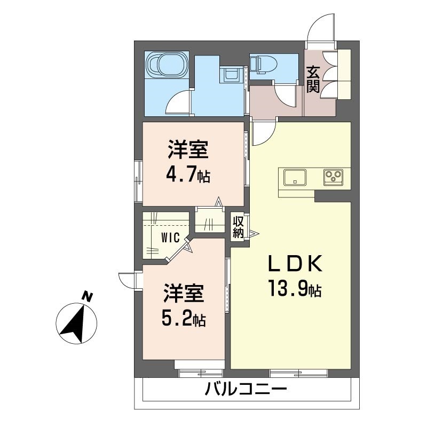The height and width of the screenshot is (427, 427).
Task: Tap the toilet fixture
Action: pyautogui.click(x=263, y=65)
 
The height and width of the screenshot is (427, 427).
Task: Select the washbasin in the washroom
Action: pyautogui.click(x=231, y=74)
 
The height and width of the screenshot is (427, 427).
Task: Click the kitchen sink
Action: pyautogui.click(x=295, y=177)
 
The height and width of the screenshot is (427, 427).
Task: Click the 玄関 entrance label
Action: pyautogui.click(x=313, y=79)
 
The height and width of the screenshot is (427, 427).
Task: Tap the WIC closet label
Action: pyautogui.click(x=170, y=238)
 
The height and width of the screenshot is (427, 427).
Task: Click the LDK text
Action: pyautogui.click(x=295, y=264)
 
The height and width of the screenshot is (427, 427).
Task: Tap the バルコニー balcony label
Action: pyautogui.click(x=246, y=389)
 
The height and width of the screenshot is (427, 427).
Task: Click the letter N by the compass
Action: pyautogui.click(x=88, y=297)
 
